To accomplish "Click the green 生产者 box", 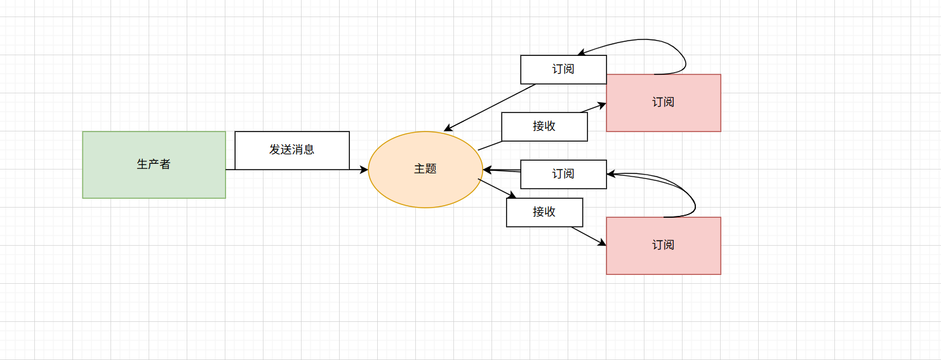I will point(154,164).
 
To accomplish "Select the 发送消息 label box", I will point(292,150).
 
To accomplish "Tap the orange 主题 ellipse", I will point(425,170).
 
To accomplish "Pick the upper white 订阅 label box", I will point(563,69).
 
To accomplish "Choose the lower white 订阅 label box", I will point(563,174).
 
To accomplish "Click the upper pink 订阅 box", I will point(663,102).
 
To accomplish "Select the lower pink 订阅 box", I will point(663,245).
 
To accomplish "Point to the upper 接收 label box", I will point(544,126).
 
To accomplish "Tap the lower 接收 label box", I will point(544,212).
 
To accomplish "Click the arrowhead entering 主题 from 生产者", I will point(364,170).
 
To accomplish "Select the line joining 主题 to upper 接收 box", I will point(490,146).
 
